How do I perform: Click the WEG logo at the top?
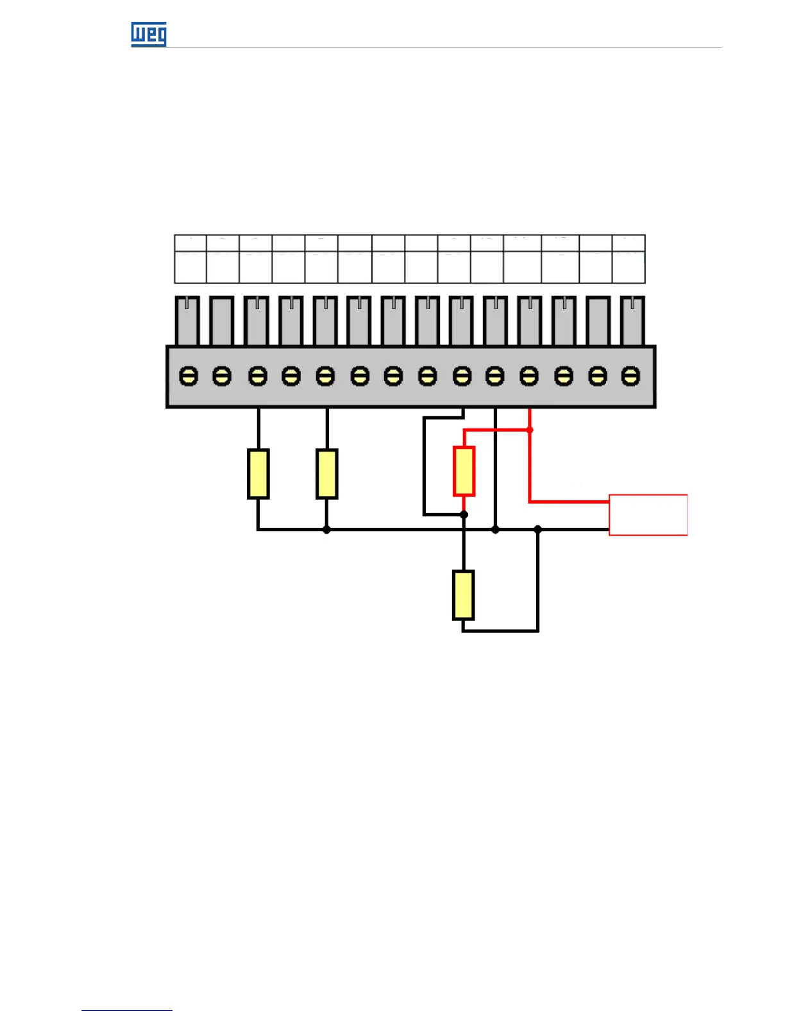point(149,34)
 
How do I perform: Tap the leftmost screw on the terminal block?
point(188,375)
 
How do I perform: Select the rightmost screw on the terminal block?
point(631,375)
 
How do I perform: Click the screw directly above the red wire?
point(529,375)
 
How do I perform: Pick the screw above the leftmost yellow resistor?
point(258,375)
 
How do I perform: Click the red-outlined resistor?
point(464,471)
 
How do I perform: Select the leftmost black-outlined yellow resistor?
point(258,474)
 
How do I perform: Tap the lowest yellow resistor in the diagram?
point(463,595)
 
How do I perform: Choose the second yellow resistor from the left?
point(327,474)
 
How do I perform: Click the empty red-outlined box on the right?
point(648,514)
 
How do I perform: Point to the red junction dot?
point(530,429)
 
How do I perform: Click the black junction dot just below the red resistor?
point(464,514)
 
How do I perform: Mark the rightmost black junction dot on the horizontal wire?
point(538,529)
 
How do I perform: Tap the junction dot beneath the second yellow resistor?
point(326,530)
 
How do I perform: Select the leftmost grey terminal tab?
point(187,321)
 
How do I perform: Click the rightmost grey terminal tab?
point(632,321)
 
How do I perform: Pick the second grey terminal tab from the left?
point(221,321)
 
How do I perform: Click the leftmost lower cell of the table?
point(190,267)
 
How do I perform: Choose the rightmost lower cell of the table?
point(629,267)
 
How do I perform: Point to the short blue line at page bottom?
point(126,1010)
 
